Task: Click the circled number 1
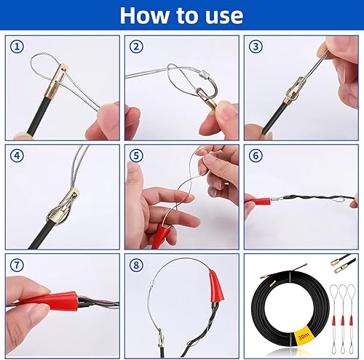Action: click(17, 47)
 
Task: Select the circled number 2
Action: click(136, 47)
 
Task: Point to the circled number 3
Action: click(256, 47)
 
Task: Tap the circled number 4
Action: click(17, 156)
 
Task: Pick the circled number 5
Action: click(136, 156)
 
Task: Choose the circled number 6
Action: click(256, 156)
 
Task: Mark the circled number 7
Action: click(17, 265)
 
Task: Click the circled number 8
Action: click(136, 265)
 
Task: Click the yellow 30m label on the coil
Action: click(304, 336)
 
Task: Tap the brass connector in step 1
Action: click(58, 81)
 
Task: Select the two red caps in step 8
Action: click(217, 286)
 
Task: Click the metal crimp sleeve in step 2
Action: click(203, 72)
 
